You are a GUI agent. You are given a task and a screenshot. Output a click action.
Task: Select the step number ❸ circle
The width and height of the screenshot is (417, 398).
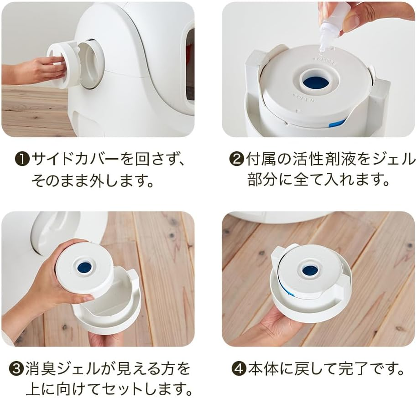16,368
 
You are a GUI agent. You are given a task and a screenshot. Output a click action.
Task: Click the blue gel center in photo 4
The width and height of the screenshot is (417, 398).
310,269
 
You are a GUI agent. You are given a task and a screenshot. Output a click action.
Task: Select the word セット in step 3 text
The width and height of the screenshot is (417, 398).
124,388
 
